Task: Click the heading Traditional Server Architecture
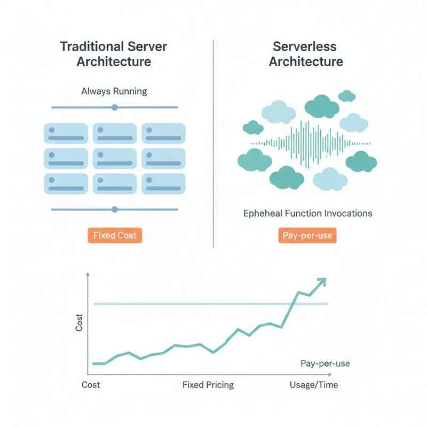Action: pyautogui.click(x=114, y=53)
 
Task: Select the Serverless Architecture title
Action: pyautogui.click(x=306, y=53)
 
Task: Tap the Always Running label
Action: pyautogui.click(x=114, y=91)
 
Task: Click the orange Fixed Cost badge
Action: pyautogui.click(x=115, y=235)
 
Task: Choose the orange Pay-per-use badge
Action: pyautogui.click(x=307, y=235)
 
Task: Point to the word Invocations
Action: pyautogui.click(x=348, y=213)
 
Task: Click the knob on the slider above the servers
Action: pyautogui.click(x=114, y=107)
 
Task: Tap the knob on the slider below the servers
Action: pyautogui.click(x=114, y=209)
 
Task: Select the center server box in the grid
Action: pyautogui.click(x=115, y=159)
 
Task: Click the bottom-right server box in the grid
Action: pyautogui.click(x=163, y=184)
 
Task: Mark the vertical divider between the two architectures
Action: pyautogui.click(x=213, y=144)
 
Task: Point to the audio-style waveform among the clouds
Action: pyautogui.click(x=306, y=143)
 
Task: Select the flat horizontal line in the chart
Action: pyautogui.click(x=211, y=304)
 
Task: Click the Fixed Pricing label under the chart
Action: pyautogui.click(x=208, y=385)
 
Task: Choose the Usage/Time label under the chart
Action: pyautogui.click(x=314, y=385)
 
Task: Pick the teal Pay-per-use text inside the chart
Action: pyautogui.click(x=325, y=363)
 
